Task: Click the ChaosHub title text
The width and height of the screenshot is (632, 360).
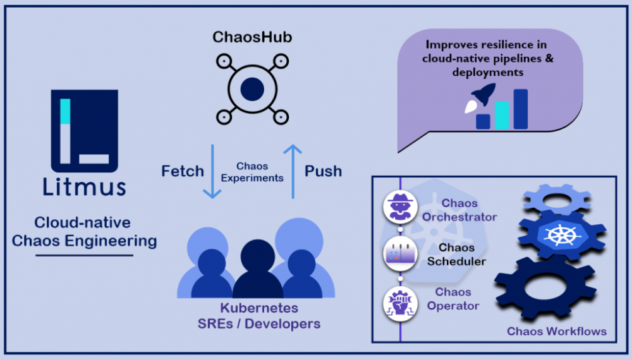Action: click(252, 37)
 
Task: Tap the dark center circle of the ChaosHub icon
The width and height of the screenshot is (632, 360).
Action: click(252, 88)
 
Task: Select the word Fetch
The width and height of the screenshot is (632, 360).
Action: click(183, 171)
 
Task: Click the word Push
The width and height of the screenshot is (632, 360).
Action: click(323, 171)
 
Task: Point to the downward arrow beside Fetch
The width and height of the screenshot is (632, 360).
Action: click(212, 171)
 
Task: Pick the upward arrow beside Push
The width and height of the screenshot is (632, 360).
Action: click(293, 171)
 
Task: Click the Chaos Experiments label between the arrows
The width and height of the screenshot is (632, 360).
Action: click(252, 172)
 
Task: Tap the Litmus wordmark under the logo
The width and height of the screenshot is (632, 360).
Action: click(85, 187)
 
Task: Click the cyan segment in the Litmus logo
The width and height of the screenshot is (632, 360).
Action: click(64, 111)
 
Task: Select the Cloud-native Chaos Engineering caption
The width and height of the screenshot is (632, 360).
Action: click(85, 231)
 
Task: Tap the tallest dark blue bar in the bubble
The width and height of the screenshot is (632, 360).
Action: click(521, 109)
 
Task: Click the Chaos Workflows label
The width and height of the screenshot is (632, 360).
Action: click(557, 331)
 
